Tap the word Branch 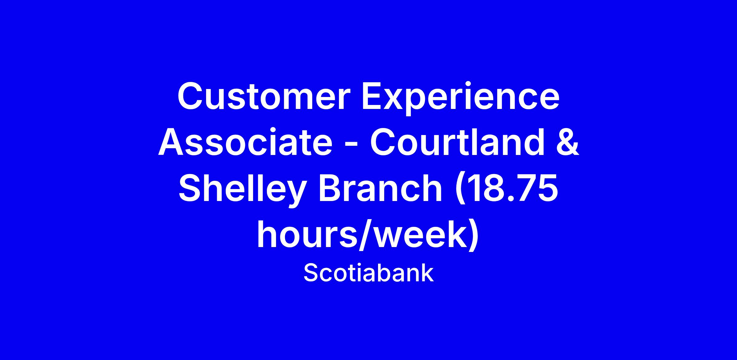[x=381, y=188]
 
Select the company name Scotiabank [x=368, y=273]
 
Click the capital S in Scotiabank [x=310, y=273]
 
